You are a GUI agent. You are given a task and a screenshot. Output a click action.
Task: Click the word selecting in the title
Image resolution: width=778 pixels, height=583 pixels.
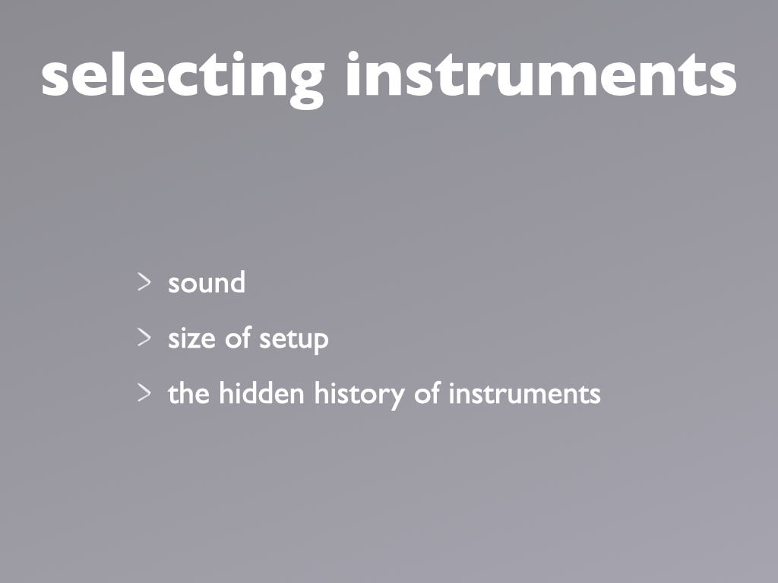click(182, 78)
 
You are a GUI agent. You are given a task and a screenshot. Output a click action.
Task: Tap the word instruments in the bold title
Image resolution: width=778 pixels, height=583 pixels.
click(541, 74)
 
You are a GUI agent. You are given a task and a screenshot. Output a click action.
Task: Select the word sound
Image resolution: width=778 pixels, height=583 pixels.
click(207, 282)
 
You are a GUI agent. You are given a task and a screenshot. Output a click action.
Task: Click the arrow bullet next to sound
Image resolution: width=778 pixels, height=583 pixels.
click(144, 282)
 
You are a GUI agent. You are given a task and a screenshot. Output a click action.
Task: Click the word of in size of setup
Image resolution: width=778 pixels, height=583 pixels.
click(238, 338)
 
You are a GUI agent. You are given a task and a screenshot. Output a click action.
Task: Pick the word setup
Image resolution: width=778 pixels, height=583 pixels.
click(294, 341)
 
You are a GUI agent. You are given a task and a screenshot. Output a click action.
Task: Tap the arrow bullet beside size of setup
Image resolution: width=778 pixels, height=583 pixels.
click(144, 338)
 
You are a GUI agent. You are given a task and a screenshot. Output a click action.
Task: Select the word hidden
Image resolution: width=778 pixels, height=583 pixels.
click(261, 393)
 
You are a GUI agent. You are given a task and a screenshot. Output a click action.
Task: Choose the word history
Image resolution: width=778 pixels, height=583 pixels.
click(359, 395)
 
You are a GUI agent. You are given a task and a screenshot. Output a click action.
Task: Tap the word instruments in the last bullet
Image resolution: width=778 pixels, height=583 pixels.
click(524, 394)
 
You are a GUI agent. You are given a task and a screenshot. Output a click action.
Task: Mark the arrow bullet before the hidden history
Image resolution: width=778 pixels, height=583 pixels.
click(144, 393)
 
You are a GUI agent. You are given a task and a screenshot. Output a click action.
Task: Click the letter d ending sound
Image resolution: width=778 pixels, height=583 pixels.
click(238, 282)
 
